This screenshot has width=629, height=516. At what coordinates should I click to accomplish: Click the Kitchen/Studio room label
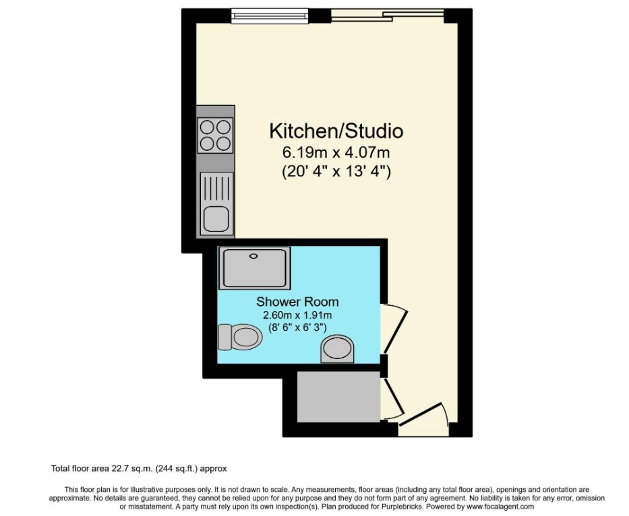tap(336, 130)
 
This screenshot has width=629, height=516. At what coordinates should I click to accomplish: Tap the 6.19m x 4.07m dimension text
tap(336, 152)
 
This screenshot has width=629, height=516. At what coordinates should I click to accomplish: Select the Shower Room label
tap(297, 301)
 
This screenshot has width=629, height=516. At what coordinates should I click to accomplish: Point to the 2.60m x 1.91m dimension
tap(297, 315)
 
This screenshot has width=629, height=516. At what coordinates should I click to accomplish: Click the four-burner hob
tap(215, 135)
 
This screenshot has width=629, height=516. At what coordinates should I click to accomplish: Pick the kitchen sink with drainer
tap(216, 203)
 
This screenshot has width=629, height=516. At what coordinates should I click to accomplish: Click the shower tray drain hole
tap(254, 256)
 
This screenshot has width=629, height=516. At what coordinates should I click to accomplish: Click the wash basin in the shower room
tap(336, 350)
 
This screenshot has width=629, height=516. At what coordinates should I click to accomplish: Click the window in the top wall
tap(268, 13)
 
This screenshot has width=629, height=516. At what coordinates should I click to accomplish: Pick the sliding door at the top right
tap(388, 15)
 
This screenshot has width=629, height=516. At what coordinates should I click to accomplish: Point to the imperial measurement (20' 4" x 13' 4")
tap(336, 172)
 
